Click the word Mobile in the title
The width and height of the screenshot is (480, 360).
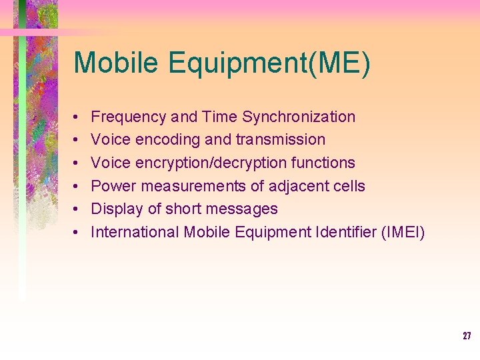(117, 63)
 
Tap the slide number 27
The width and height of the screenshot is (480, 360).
(467, 335)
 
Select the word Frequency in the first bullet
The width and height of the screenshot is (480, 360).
(129, 117)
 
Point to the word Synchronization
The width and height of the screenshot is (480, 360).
(299, 117)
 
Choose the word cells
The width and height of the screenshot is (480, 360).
(349, 186)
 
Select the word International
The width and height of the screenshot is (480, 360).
(135, 232)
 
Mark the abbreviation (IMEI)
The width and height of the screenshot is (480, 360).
(404, 232)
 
